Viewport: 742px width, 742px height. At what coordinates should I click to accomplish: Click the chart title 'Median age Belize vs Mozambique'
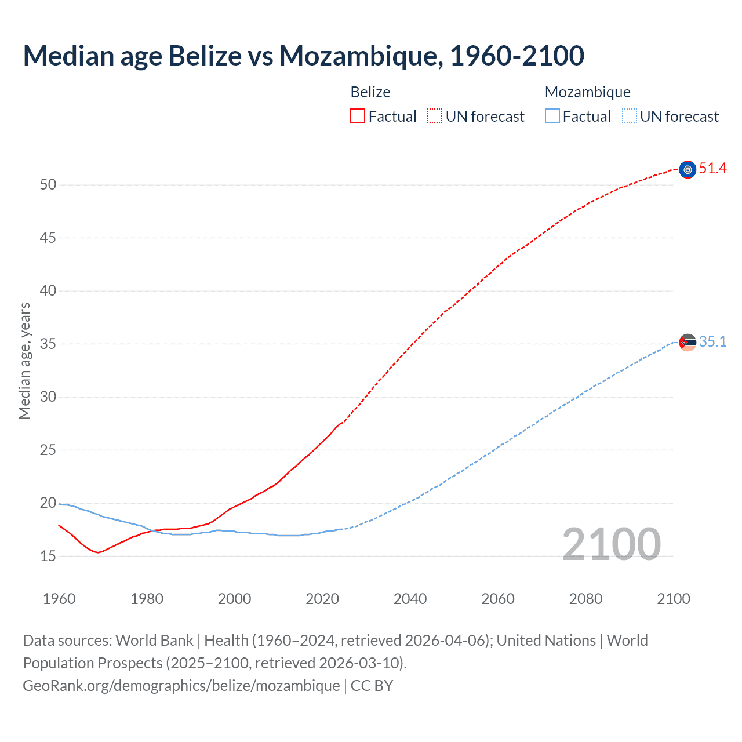pyautogui.click(x=303, y=56)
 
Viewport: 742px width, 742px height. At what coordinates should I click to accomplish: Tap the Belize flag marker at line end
pyautogui.click(x=688, y=169)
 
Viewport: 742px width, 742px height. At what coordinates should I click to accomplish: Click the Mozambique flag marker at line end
pyautogui.click(x=688, y=343)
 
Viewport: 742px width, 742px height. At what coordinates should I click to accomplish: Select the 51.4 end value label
pyautogui.click(x=712, y=169)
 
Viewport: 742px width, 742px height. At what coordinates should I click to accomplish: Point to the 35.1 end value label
pyautogui.click(x=712, y=342)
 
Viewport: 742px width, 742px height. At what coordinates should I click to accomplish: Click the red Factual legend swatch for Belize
pyautogui.click(x=358, y=117)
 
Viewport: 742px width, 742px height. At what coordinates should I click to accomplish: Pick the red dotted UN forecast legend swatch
pyautogui.click(x=435, y=117)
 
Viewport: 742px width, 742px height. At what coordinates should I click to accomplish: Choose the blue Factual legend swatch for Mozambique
pyautogui.click(x=552, y=117)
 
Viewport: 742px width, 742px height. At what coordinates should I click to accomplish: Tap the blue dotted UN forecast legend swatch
pyautogui.click(x=629, y=117)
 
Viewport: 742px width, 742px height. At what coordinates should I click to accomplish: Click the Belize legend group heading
pyautogui.click(x=370, y=92)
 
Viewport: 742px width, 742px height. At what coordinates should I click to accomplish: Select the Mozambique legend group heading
pyautogui.click(x=587, y=92)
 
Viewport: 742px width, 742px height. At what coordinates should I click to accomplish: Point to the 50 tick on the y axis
pyautogui.click(x=48, y=185)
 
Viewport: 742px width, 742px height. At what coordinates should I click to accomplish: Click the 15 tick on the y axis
pyautogui.click(x=48, y=556)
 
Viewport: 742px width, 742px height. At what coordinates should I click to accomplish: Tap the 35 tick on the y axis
pyautogui.click(x=48, y=344)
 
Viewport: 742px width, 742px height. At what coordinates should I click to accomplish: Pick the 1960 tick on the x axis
pyautogui.click(x=59, y=599)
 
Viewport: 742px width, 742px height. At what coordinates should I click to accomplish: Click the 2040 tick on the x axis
pyautogui.click(x=410, y=599)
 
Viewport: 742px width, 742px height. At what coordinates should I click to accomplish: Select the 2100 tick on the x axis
pyautogui.click(x=673, y=599)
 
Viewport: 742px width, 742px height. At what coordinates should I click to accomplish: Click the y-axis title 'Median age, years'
pyautogui.click(x=24, y=361)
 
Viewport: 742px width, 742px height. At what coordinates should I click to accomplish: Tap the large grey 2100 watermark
pyautogui.click(x=611, y=544)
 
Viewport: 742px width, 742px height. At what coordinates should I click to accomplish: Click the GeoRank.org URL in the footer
pyautogui.click(x=181, y=686)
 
